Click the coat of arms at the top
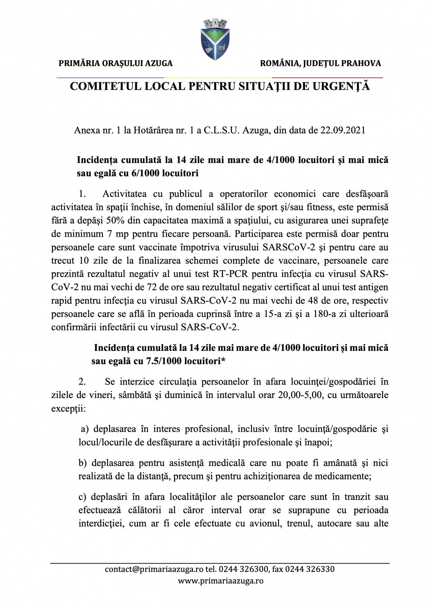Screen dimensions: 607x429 pyautogui.click(x=215, y=39)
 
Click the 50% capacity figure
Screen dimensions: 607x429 pyautogui.click(x=115, y=221)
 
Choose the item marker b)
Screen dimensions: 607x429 pyautogui.click(x=82, y=463)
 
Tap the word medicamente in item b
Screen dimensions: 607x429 pyautogui.click(x=343, y=476)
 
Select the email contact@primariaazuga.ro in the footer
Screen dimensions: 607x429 pyautogui.click(x=154, y=569)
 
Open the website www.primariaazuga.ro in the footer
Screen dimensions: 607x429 pyautogui.click(x=220, y=581)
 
